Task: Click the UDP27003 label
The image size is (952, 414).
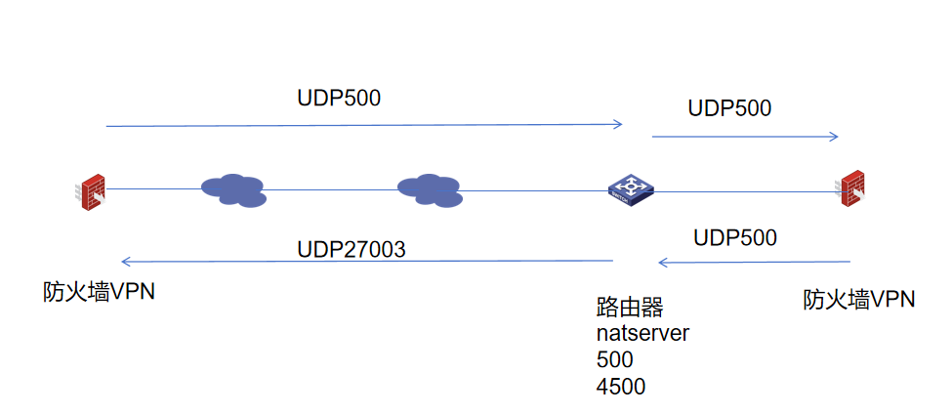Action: [351, 250]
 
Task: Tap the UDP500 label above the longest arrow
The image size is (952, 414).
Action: [339, 99]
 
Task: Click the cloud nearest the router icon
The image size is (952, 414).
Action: [429, 189]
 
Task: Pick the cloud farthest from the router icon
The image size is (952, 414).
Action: [233, 188]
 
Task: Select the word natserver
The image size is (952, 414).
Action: [642, 333]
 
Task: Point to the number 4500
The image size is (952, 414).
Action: [620, 386]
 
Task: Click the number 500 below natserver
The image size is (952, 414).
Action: [614, 359]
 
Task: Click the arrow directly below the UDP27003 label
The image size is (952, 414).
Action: [366, 262]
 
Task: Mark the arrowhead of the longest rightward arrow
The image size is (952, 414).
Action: [618, 124]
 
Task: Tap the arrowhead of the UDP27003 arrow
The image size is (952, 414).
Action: [125, 262]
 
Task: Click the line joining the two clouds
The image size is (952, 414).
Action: [332, 189]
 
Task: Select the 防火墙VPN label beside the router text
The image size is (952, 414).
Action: [858, 299]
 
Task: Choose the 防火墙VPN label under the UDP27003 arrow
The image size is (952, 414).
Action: [99, 292]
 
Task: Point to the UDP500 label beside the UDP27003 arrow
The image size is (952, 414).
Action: [735, 237]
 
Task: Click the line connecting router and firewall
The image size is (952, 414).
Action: [747, 192]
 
